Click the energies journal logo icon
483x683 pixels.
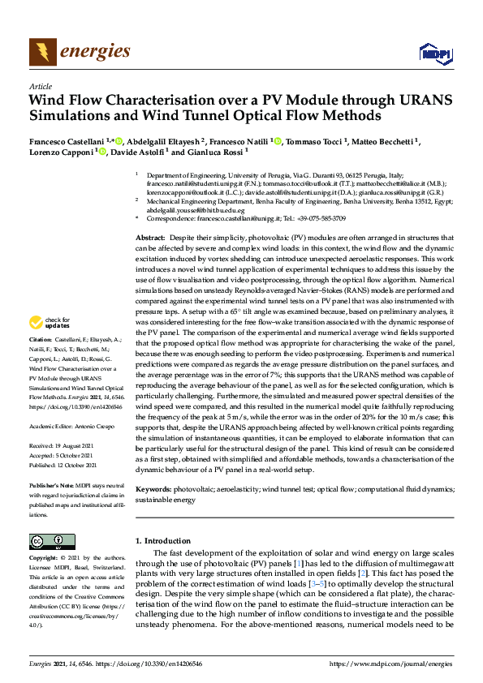point(42,53)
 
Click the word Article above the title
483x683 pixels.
point(41,86)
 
